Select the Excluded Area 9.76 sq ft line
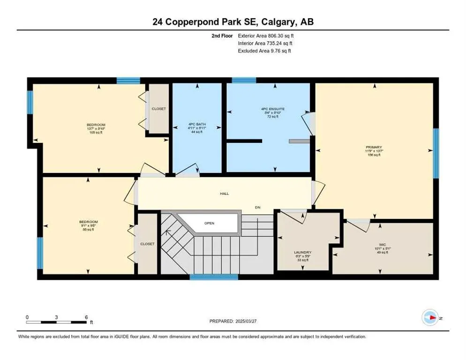click(x=264, y=51)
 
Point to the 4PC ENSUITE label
click(x=273, y=109)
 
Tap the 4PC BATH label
click(x=197, y=124)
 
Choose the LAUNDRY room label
click(x=302, y=252)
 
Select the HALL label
click(x=224, y=193)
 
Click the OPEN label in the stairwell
click(x=209, y=223)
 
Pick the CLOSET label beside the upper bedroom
click(x=158, y=109)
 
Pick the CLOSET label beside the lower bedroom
click(x=147, y=244)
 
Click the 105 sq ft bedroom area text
click(x=96, y=133)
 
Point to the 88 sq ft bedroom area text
click(x=88, y=230)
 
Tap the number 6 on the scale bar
click(x=86, y=317)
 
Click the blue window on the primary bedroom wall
click(x=436, y=153)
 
